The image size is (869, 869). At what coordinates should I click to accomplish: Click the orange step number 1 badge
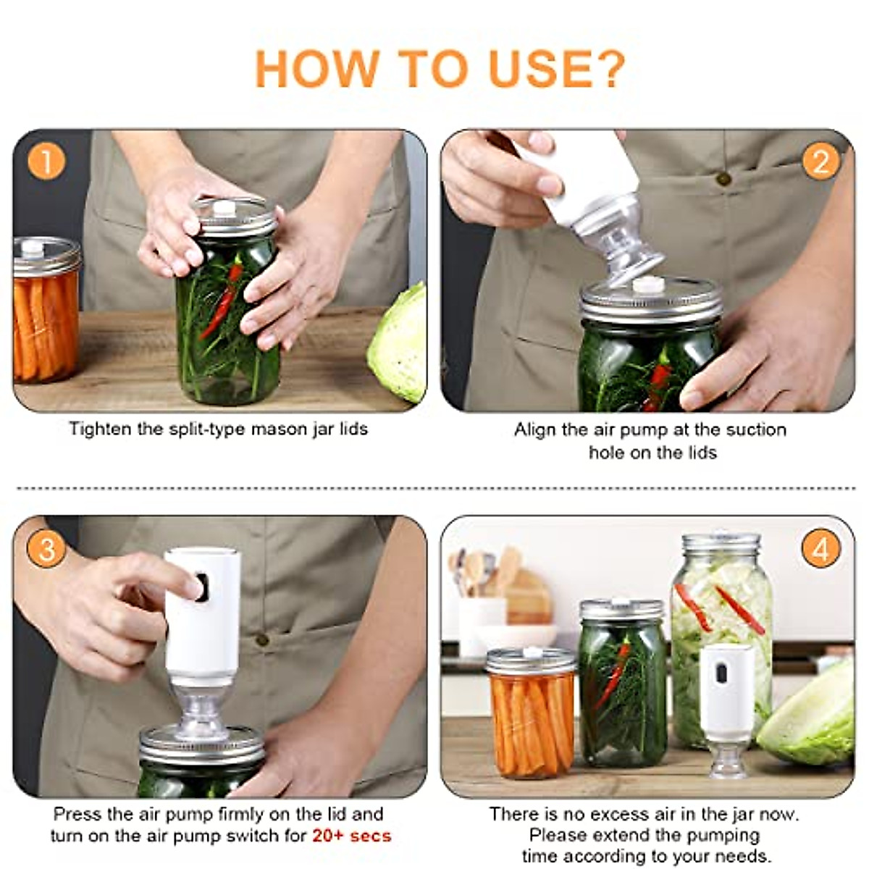[x=46, y=161]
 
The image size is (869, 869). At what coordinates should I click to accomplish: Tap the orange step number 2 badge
[x=820, y=161]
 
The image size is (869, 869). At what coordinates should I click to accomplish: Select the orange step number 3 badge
[x=46, y=549]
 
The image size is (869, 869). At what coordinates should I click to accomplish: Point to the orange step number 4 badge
[x=820, y=549]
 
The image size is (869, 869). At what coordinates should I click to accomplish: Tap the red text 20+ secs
[x=351, y=836]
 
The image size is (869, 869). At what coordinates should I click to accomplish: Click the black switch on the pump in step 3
[x=201, y=587]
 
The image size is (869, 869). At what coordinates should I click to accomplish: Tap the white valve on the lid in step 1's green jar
[x=224, y=208]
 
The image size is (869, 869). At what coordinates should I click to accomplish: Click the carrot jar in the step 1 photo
[x=46, y=309]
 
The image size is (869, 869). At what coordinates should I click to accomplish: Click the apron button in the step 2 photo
[x=723, y=178]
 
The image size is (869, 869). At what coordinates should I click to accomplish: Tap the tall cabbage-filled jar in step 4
[x=721, y=640]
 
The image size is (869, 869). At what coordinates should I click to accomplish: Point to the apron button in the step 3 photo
[x=261, y=639]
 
